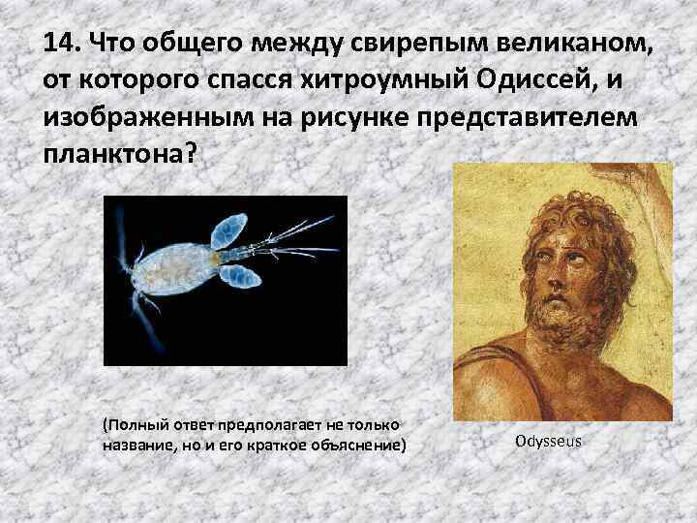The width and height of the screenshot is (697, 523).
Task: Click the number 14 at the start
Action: pos(60,44)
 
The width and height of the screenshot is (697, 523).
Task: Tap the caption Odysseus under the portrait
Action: pos(549,441)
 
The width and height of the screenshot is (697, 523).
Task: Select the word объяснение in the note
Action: pos(355,445)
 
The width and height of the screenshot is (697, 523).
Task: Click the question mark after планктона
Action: pos(189,156)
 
